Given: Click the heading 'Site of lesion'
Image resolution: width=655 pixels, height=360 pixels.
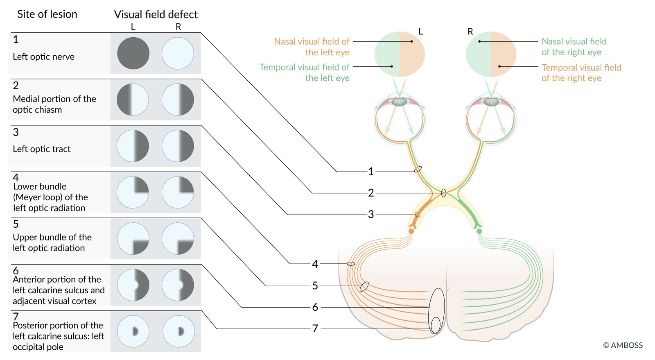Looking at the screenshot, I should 47,14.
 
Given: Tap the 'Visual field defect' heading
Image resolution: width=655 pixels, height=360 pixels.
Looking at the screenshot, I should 156,15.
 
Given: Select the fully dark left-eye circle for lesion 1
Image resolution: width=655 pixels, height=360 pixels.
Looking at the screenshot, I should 133,53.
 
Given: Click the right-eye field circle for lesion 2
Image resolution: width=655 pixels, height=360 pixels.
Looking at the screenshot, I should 178,100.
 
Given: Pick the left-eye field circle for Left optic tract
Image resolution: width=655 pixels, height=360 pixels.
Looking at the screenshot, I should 133,146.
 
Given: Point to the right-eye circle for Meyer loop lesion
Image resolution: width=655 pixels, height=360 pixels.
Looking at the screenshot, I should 178,192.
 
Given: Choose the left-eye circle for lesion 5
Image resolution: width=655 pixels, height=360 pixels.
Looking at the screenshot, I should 133,238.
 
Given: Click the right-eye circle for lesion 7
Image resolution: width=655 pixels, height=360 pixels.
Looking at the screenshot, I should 178,331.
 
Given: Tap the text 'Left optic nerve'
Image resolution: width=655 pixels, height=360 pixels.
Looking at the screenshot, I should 43,57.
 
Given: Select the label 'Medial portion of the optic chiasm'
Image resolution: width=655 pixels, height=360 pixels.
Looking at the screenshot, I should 54,104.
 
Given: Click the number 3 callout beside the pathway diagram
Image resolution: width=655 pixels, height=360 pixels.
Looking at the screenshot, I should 371,214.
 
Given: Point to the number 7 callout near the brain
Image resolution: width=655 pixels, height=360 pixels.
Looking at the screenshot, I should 315,328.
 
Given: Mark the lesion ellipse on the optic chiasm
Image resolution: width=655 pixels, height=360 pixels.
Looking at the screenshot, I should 444,192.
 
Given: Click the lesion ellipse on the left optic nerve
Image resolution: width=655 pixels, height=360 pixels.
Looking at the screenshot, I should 418,169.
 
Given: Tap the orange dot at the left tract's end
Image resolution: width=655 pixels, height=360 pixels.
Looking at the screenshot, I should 411,231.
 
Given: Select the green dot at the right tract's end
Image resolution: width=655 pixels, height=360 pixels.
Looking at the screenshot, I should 479,231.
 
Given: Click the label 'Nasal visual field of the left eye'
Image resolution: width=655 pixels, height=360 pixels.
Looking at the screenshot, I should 312,47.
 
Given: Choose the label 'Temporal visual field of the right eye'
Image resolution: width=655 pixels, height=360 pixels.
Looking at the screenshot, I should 581,72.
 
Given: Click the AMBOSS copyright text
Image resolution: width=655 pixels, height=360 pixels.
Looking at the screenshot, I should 623,345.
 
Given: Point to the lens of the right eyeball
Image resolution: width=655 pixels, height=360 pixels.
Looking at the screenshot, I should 491,102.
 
